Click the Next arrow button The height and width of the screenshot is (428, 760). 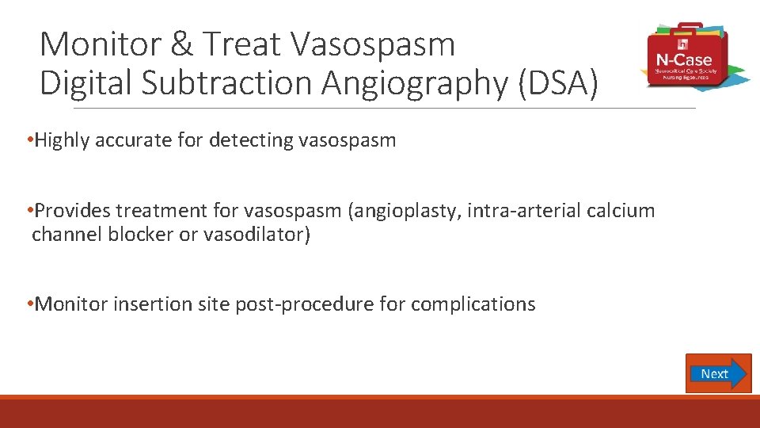point(718,373)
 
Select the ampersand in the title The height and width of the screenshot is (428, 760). point(181,44)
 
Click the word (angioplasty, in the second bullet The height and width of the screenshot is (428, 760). point(410,211)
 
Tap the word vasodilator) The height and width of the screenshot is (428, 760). point(256,235)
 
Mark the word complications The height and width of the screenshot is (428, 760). point(473,304)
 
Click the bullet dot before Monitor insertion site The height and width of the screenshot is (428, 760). point(28,304)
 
